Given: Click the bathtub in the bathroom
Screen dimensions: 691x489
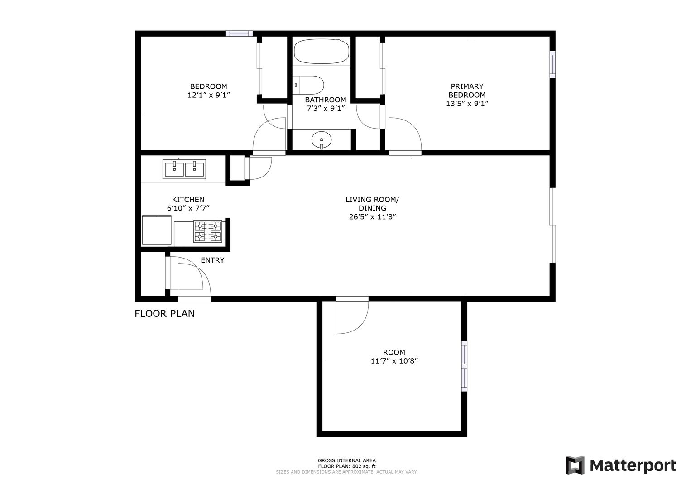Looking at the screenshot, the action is point(322,52).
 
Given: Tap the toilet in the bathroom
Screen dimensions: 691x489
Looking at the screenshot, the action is point(308,85).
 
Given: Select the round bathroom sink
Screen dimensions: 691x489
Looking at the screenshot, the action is point(322,140).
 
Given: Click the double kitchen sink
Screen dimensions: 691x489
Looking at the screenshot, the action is point(184,169).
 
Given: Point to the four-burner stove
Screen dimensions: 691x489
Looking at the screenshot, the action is point(207,231).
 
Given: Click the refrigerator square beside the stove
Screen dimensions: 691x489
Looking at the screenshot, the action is point(157,230).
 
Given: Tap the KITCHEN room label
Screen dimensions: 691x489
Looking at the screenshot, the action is point(188,200).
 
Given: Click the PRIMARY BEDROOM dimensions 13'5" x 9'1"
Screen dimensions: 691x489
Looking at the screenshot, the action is point(467,104).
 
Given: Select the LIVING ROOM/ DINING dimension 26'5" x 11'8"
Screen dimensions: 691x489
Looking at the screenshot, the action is point(372,217).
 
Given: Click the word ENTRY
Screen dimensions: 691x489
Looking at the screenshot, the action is point(212,260).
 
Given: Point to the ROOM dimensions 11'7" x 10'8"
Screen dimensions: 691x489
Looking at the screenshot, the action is point(394,361).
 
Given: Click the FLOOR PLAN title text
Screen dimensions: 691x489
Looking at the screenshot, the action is point(164,314).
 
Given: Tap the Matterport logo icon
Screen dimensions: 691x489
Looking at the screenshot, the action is point(575,465).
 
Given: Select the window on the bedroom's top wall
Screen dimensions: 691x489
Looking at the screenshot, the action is point(239,34).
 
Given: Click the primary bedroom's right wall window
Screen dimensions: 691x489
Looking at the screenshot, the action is point(552,64).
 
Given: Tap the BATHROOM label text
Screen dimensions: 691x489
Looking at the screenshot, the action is point(326,100).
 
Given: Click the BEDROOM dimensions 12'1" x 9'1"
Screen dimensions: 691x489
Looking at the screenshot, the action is point(209,95).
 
